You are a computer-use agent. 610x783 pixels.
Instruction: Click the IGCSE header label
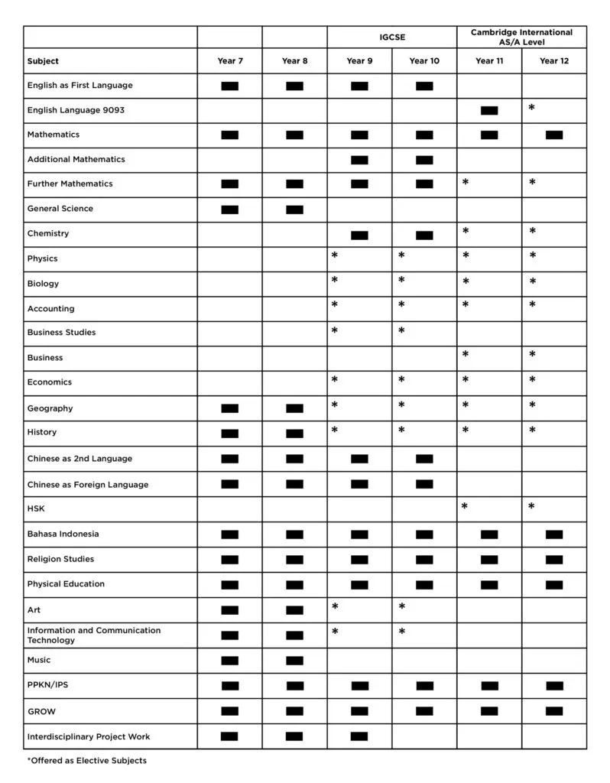tap(391, 35)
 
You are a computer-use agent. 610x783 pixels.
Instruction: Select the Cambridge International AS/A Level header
tap(521, 37)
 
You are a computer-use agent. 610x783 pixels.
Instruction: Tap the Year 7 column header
tap(229, 61)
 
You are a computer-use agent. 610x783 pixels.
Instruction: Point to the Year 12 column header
tap(554, 61)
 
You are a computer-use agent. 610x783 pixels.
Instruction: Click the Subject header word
tap(43, 61)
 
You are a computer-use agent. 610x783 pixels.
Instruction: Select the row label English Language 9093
tap(76, 110)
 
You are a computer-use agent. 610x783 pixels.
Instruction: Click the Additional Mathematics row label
tap(76, 159)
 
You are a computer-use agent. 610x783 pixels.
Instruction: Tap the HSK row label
tap(36, 508)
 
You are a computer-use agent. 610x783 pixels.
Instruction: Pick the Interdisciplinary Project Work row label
tap(89, 736)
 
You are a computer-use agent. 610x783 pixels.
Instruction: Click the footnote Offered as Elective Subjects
tap(86, 761)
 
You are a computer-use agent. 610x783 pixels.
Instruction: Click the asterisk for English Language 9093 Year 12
tap(532, 109)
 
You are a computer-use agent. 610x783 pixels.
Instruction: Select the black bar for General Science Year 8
tap(294, 210)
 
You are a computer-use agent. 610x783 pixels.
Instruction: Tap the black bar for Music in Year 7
tap(229, 661)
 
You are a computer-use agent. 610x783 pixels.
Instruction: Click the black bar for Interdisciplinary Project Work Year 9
tap(359, 736)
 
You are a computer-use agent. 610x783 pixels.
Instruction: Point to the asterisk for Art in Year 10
tap(401, 608)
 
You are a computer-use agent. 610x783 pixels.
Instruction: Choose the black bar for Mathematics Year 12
tap(554, 135)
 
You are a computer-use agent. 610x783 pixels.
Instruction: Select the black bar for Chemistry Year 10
tap(424, 235)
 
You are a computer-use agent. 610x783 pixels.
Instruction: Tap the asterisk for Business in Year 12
tap(532, 356)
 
